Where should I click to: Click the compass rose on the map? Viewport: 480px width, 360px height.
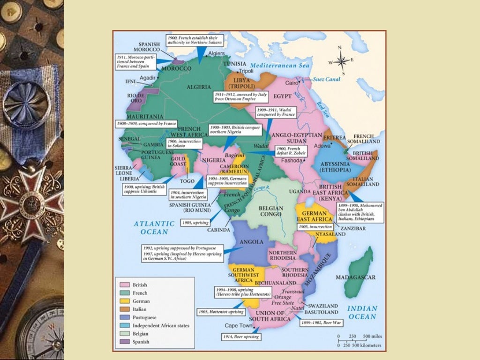(x=341, y=61)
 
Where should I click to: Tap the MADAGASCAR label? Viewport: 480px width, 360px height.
(x=355, y=277)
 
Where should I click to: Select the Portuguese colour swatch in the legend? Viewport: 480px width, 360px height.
(x=124, y=317)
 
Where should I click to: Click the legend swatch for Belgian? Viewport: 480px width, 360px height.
(x=124, y=334)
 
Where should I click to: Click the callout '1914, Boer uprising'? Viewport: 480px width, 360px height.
(x=240, y=337)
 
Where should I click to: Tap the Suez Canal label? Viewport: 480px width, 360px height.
(x=326, y=79)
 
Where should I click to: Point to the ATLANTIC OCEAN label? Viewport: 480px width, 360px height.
(x=151, y=228)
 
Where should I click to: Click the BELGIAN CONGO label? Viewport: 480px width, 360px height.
(x=270, y=211)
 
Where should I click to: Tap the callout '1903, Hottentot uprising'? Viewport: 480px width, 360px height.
(x=221, y=312)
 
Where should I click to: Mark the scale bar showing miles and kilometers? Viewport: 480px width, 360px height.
(x=360, y=340)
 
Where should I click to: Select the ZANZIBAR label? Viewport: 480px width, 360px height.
(x=353, y=228)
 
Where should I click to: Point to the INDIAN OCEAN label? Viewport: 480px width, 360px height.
(x=362, y=312)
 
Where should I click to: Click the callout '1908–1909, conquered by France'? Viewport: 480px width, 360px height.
(x=146, y=124)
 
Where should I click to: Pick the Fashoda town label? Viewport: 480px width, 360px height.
(x=292, y=160)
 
